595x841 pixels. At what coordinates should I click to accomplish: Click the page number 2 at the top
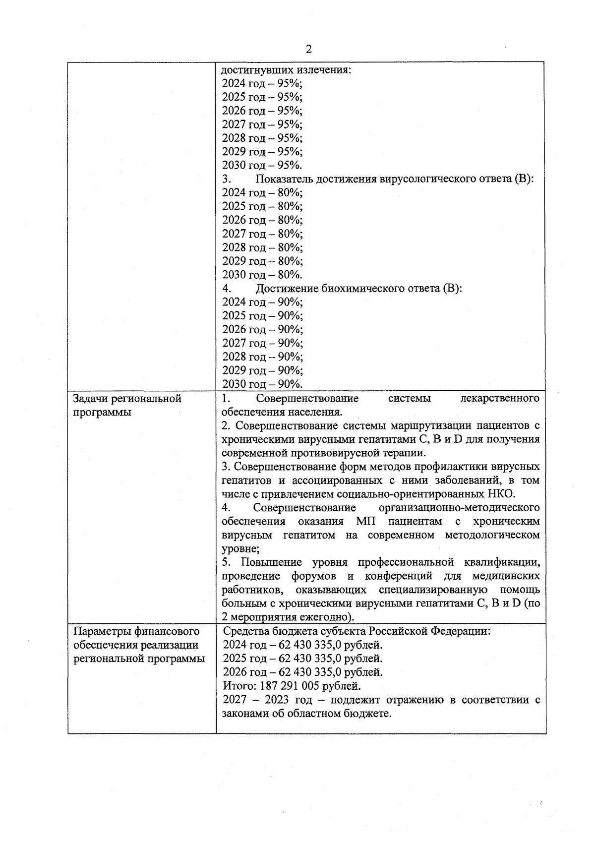(309, 49)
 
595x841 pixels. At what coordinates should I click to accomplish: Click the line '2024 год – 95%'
(262, 83)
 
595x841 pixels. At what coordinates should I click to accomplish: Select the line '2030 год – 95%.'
(262, 165)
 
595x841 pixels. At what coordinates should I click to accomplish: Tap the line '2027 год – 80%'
(262, 234)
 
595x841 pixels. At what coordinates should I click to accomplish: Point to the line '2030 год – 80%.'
(262, 275)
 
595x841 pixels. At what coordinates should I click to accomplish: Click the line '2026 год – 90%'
(262, 329)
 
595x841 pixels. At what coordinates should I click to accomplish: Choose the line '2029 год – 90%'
(262, 370)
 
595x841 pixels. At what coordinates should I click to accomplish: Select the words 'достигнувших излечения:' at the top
(286, 70)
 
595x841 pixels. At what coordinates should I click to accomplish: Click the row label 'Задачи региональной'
(127, 399)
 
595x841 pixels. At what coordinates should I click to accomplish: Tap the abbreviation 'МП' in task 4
(365, 521)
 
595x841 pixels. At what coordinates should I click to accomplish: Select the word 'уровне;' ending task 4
(240, 549)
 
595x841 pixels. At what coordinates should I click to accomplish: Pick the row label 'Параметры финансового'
(136, 631)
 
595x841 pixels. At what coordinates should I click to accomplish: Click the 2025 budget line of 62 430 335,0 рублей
(302, 659)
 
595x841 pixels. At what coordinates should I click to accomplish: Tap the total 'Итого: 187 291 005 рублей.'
(292, 686)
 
